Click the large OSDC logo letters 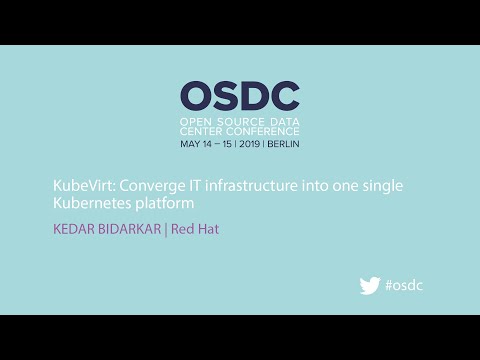point(240,95)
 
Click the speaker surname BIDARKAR point(132,229)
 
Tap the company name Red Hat point(195,229)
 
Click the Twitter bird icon point(370,285)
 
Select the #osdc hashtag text point(404,285)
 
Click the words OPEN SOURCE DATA point(240,120)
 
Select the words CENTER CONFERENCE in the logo point(240,130)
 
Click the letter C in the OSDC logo point(285,95)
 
